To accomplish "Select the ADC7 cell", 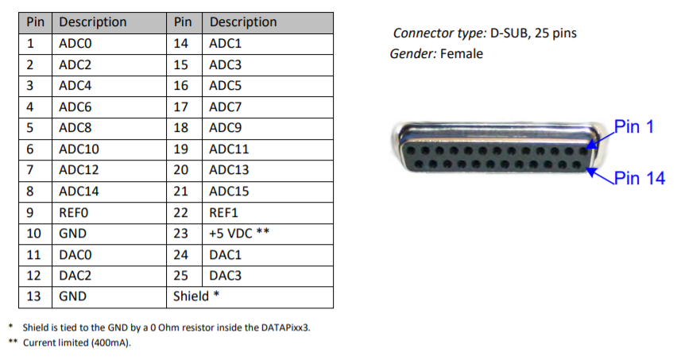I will (x=226, y=106).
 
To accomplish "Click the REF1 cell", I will (x=223, y=213).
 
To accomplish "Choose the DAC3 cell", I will (x=225, y=276).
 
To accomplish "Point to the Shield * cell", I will (x=194, y=296).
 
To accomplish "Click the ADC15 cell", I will (x=229, y=192).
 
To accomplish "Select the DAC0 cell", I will (x=75, y=255).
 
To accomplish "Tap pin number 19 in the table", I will (x=181, y=149).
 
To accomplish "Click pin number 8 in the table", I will (x=29, y=192).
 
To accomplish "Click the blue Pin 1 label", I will (x=634, y=126).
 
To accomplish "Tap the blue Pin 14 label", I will (x=639, y=178).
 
